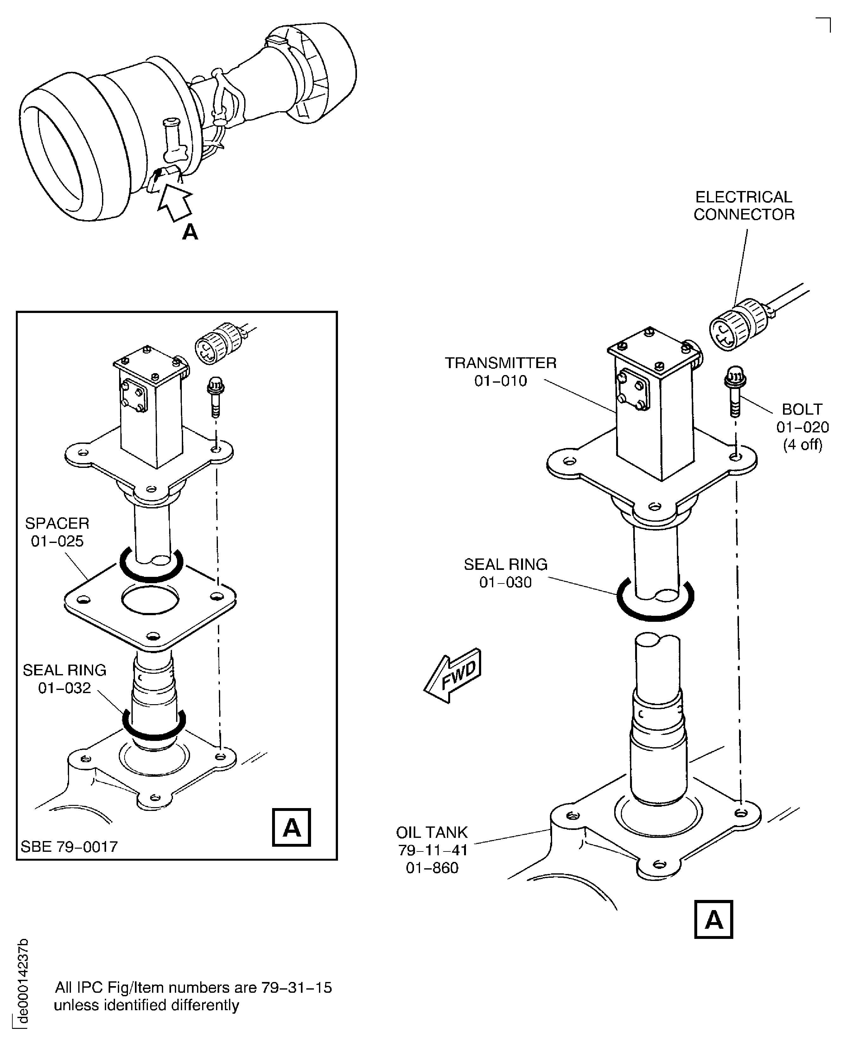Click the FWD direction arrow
453,675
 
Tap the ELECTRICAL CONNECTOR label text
744,206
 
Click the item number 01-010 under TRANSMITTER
500,381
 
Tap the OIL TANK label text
432,832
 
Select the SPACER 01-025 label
57,532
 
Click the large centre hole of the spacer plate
150,599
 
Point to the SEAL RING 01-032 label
64,679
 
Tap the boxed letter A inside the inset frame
291,827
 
